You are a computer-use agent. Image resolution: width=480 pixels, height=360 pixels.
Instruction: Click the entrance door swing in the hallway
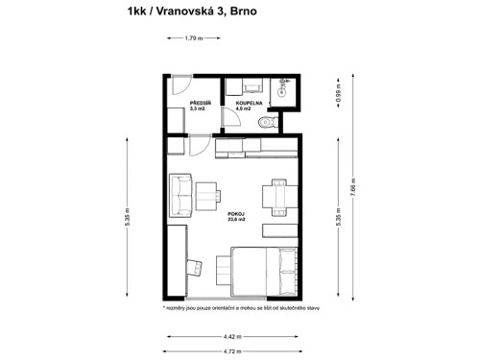point(180,84)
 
